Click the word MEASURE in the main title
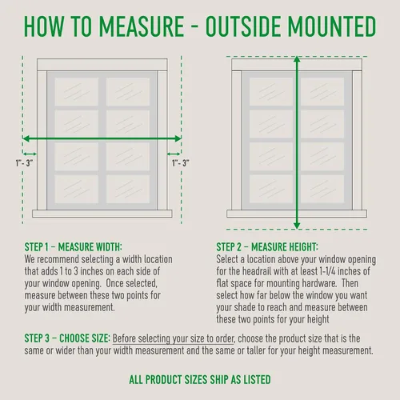click(142, 26)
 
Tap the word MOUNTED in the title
click(332, 26)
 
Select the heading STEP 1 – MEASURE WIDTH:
click(73, 247)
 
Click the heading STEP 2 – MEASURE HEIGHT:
click(267, 247)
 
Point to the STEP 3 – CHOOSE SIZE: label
click(67, 338)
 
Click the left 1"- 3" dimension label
click(24, 163)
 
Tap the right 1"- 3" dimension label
click(181, 163)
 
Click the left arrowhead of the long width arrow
click(26, 138)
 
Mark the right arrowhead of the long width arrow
click(178, 138)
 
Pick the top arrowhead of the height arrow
click(297, 59)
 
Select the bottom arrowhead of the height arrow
click(297, 226)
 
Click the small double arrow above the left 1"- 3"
click(30, 154)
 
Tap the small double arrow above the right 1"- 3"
click(174, 154)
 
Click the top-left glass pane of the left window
click(77, 91)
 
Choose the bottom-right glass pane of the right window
click(322, 189)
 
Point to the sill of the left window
click(102, 214)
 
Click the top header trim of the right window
click(297, 65)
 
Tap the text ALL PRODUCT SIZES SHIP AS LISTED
click(200, 379)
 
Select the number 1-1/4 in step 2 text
click(327, 271)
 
